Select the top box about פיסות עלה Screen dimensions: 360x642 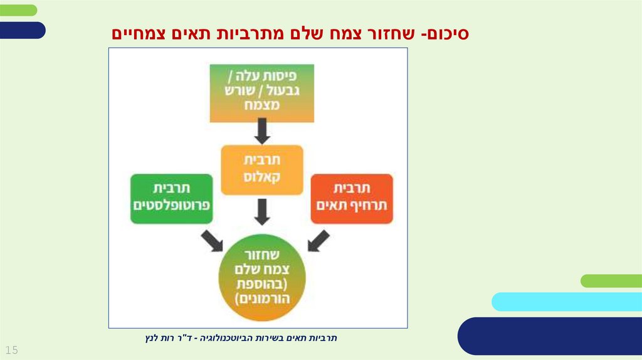tap(261, 92)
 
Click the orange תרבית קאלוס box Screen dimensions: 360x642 tap(261, 169)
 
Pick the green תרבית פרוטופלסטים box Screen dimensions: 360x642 tap(172, 198)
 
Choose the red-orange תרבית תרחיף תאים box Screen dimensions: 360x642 tap(352, 198)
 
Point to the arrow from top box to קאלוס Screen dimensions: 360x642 tap(262, 131)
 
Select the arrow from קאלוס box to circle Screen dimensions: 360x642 tap(262, 211)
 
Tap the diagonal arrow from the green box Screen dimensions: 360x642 tap(211, 240)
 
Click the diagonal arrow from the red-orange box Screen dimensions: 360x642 tap(318, 240)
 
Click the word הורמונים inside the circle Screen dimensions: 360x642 tap(261, 299)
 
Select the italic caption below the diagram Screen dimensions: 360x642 tap(241, 339)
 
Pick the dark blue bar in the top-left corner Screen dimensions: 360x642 tap(22, 30)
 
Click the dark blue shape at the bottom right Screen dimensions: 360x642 tap(552, 336)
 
